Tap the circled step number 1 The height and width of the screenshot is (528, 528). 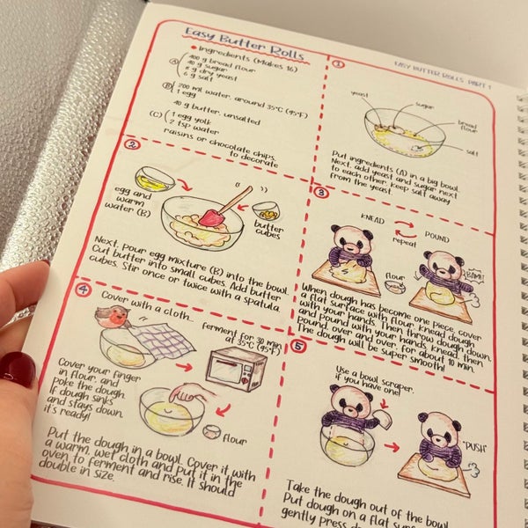click(x=339, y=64)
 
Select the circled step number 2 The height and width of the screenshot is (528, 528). click(x=131, y=146)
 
